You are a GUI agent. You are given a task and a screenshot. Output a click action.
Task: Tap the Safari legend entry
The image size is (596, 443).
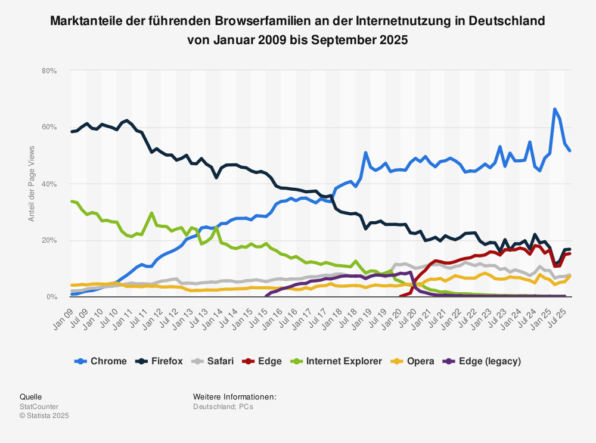coord(215,361)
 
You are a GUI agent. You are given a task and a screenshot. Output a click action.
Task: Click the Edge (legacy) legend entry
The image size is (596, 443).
coord(483,361)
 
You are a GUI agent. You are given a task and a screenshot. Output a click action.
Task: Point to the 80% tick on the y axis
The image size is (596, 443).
coord(49,71)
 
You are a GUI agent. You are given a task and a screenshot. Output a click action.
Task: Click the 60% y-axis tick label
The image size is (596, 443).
coord(49,127)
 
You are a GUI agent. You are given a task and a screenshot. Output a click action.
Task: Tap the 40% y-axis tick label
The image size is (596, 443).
coord(49,184)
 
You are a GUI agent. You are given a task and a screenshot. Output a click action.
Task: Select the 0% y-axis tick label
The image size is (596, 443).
coord(51,297)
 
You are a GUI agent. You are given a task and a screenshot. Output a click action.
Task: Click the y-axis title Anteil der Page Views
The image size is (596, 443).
coord(32,184)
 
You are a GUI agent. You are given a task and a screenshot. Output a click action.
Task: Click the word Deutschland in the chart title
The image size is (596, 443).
coord(507,21)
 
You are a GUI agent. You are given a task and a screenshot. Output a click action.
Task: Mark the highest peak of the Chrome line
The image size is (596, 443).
coord(555,109)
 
